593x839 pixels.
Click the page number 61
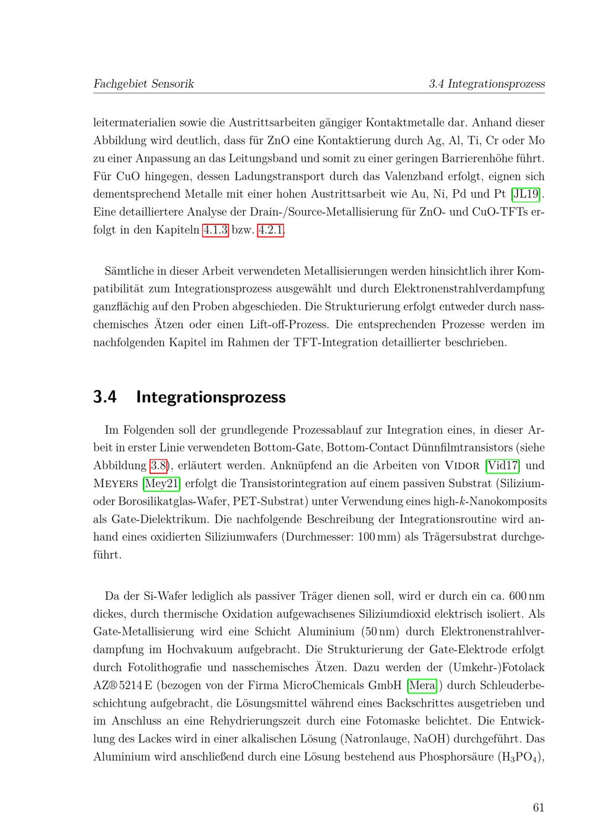pos(538,807)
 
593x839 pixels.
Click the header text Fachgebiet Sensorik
pos(144,84)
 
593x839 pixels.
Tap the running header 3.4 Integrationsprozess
pos(486,84)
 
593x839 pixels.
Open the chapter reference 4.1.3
pos(215,230)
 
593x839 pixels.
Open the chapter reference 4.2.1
pos(270,230)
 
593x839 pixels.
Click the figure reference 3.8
pos(158,465)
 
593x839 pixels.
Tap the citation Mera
pos(422,685)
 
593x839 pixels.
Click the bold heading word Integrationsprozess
pos(211,397)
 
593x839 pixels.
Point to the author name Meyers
pos(116,483)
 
